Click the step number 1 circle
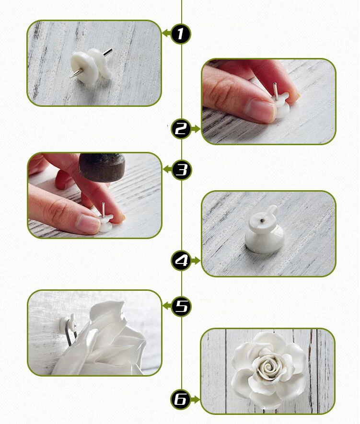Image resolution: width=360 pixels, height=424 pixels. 181,34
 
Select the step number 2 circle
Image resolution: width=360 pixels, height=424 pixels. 181,129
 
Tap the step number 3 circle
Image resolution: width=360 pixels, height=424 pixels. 182,170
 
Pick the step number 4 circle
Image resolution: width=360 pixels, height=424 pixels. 181,261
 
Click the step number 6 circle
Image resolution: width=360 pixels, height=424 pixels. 180,399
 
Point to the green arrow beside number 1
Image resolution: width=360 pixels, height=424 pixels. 166,33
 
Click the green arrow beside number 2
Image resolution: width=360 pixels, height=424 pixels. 196,129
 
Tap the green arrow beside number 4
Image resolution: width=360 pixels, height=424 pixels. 196,261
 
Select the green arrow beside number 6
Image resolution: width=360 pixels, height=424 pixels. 195,399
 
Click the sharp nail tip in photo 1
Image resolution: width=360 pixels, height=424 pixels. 70,77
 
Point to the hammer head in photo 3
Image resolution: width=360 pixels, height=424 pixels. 102,167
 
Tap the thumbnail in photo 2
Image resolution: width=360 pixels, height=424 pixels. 260,110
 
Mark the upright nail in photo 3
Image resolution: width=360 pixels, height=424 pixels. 103,210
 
